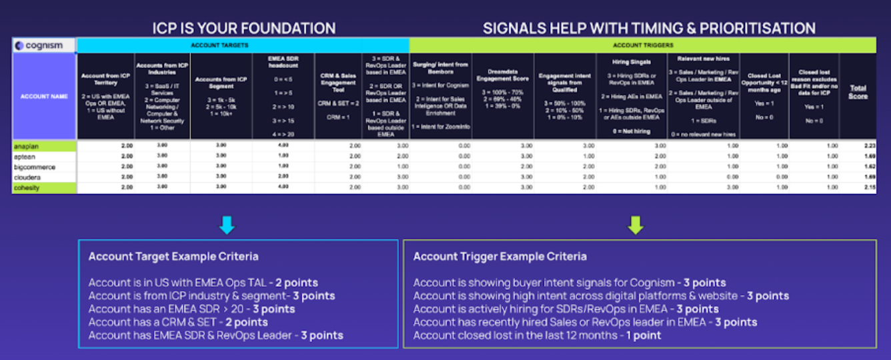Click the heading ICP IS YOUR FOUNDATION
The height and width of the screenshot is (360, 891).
[x=243, y=28]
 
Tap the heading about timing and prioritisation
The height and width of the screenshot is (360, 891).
[x=649, y=28]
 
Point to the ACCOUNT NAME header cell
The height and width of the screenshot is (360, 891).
[x=44, y=97]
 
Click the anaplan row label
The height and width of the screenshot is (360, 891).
[x=27, y=145]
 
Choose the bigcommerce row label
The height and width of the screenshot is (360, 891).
[x=34, y=167]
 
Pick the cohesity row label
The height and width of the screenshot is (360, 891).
[x=29, y=189]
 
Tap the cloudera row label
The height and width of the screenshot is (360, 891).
[x=28, y=177]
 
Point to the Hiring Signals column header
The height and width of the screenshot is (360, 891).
[x=631, y=61]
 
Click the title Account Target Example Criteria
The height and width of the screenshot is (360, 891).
[x=173, y=257]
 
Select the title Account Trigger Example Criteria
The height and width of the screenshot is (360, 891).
[x=500, y=257]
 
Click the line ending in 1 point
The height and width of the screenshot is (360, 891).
[x=538, y=335]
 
